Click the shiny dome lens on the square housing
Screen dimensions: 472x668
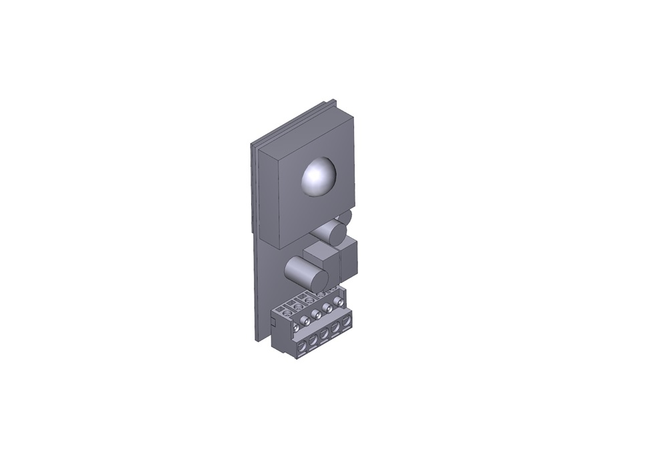tap(319, 177)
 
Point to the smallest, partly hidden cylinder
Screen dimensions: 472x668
tap(345, 217)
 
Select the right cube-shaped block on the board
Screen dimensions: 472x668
tap(348, 260)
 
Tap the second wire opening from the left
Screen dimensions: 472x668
tap(313, 340)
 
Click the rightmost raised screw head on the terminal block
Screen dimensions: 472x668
tap(339, 302)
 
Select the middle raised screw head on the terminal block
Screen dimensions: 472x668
tap(316, 314)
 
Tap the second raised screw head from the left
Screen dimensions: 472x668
tap(305, 320)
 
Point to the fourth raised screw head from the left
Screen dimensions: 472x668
tap(327, 308)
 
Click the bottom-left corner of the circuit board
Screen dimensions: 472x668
tap(257, 341)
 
